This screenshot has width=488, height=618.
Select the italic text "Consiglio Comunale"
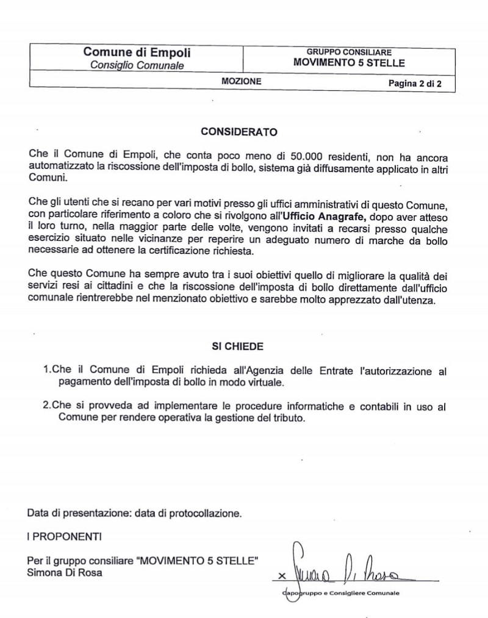(x=137, y=65)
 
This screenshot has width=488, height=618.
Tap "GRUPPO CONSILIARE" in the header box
(x=350, y=52)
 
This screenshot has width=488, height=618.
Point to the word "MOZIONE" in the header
(x=242, y=81)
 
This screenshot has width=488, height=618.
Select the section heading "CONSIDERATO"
(x=239, y=131)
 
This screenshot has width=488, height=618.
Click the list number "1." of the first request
(x=48, y=370)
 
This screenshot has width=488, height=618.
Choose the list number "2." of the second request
(x=48, y=406)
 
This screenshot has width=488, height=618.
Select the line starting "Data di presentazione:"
(x=134, y=513)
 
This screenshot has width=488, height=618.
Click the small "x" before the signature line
(x=281, y=575)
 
